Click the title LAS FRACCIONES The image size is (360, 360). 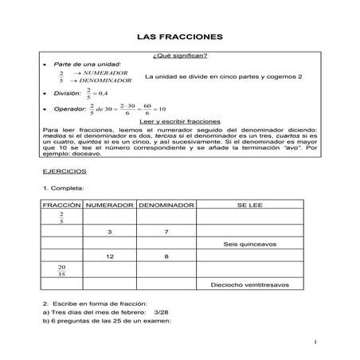point(179,37)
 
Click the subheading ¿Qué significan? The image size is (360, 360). point(179,55)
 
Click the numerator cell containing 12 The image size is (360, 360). point(111,256)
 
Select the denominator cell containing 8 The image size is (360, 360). point(166,256)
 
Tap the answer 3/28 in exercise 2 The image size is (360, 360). point(161,311)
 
